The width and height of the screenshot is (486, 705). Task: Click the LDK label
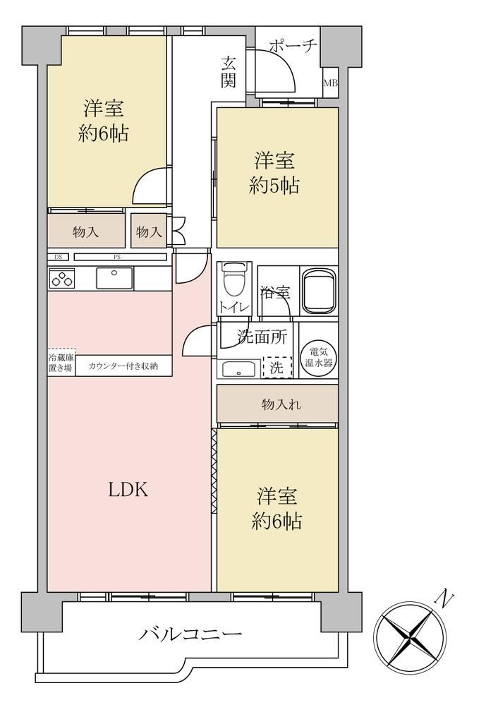(x=128, y=489)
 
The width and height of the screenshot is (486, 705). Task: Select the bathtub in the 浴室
(x=319, y=291)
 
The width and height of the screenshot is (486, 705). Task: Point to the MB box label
(x=331, y=83)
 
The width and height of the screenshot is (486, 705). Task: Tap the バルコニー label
(x=190, y=634)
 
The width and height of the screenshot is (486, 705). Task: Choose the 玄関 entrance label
(x=229, y=71)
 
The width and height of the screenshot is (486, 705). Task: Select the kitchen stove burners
(x=62, y=278)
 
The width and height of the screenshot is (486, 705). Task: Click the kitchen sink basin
(x=114, y=278)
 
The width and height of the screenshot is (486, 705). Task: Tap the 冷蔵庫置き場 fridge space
(x=61, y=361)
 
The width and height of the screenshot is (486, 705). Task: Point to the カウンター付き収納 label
(x=123, y=366)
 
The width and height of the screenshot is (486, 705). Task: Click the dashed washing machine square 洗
(x=277, y=368)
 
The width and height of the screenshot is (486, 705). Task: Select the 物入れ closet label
(x=281, y=405)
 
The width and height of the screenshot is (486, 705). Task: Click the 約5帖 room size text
(x=274, y=185)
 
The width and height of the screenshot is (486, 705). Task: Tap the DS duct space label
(x=58, y=257)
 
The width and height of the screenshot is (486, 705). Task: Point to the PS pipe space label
(x=117, y=257)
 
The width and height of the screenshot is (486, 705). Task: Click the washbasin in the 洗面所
(x=238, y=368)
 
